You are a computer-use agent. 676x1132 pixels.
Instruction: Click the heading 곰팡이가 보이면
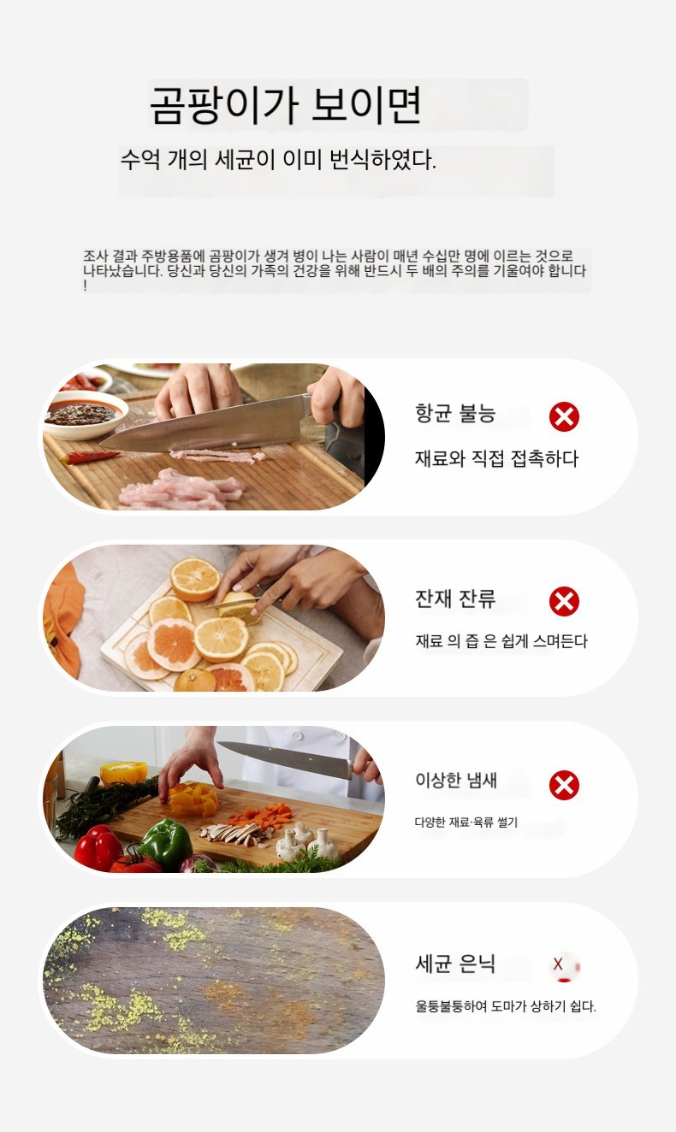click(x=286, y=105)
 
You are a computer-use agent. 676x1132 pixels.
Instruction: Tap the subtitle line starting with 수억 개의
click(x=278, y=160)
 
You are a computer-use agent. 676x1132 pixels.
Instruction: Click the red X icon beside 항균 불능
click(x=564, y=416)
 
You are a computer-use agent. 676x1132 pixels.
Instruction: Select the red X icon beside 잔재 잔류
click(x=564, y=601)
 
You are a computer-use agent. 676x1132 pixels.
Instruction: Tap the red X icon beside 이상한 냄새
click(x=564, y=785)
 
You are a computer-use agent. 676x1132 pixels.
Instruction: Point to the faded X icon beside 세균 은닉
click(x=563, y=964)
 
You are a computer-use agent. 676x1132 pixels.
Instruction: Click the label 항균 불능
click(x=455, y=413)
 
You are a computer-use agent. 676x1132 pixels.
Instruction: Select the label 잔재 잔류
click(x=455, y=598)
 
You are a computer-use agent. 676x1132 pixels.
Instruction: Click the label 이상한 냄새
click(x=456, y=781)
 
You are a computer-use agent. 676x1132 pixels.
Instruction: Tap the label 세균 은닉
click(x=455, y=964)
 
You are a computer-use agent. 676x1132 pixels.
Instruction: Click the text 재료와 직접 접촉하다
click(x=496, y=458)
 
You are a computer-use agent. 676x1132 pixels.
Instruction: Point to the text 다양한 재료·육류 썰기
click(x=466, y=822)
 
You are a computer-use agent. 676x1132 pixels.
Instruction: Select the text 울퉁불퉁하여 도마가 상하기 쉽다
click(x=506, y=1005)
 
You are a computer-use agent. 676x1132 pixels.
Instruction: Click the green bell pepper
click(x=165, y=841)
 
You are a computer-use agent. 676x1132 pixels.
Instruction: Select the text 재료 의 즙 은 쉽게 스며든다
click(x=501, y=640)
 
